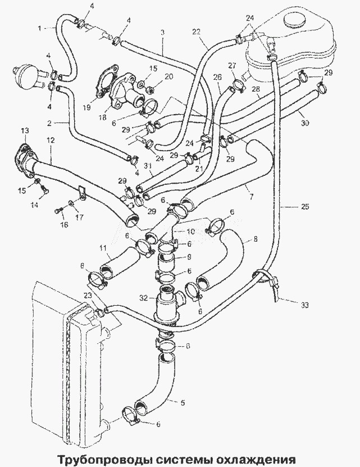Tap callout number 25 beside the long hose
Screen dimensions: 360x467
305,206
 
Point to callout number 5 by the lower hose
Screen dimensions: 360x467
183,403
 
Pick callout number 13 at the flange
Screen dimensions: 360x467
25,130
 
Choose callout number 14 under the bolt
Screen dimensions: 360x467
35,205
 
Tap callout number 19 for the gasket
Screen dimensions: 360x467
86,107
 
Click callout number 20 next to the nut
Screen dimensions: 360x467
168,76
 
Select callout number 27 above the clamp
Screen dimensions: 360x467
233,66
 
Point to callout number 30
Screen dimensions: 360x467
305,123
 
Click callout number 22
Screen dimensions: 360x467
196,31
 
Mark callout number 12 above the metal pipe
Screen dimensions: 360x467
51,140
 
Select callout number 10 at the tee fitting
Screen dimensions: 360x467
190,232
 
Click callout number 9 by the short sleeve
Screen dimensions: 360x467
189,257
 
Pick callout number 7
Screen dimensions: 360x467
251,197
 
